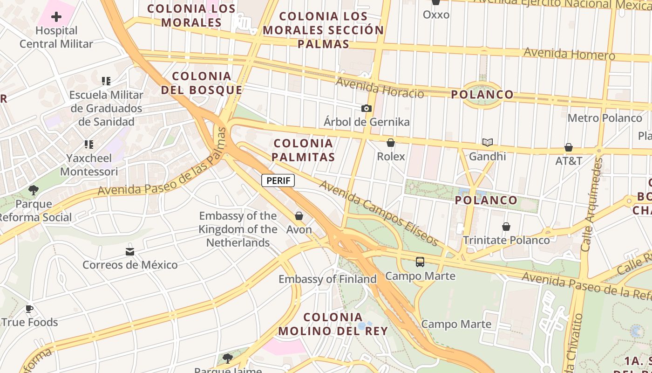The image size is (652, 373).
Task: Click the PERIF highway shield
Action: [278, 180]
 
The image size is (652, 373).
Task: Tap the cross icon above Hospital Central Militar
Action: [56, 17]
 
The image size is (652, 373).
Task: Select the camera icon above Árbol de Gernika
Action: [367, 109]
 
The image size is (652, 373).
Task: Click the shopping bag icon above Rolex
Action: [391, 143]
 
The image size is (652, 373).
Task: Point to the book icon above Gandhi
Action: [488, 142]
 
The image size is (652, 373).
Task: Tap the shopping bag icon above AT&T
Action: [569, 147]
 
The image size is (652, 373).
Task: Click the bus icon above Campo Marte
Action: [420, 262]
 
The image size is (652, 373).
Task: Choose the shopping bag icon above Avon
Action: [299, 216]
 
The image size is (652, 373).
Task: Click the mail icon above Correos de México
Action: [130, 252]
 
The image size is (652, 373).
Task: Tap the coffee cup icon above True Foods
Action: [29, 309]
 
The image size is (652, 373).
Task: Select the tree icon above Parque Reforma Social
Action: [34, 190]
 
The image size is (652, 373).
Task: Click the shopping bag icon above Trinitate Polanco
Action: [506, 227]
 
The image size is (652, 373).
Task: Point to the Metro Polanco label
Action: [604, 118]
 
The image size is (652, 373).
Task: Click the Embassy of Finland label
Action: [327, 279]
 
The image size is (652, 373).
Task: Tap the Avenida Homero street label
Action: [569, 54]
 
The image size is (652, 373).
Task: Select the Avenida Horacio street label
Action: [380, 88]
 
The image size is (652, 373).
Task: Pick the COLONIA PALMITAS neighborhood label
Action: [303, 150]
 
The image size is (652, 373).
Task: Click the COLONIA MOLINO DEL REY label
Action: [333, 324]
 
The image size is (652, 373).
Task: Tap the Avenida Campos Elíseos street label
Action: [379, 213]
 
